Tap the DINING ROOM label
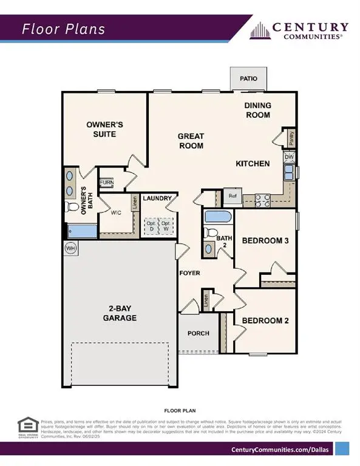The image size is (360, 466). point(258,110)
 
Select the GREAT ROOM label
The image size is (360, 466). point(191,141)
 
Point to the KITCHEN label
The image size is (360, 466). point(253,164)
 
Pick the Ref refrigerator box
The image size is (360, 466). point(233,197)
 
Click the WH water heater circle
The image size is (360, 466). point(69,248)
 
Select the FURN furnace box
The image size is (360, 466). point(106,183)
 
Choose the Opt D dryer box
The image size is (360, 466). point(151,225)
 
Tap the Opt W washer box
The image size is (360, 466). point(165,225)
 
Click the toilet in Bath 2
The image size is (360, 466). point(211,232)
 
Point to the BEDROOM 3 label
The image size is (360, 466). point(265,241)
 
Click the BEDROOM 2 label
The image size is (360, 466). point(264,320)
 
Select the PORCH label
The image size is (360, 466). point(199,333)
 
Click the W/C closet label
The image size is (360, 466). point(117,213)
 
